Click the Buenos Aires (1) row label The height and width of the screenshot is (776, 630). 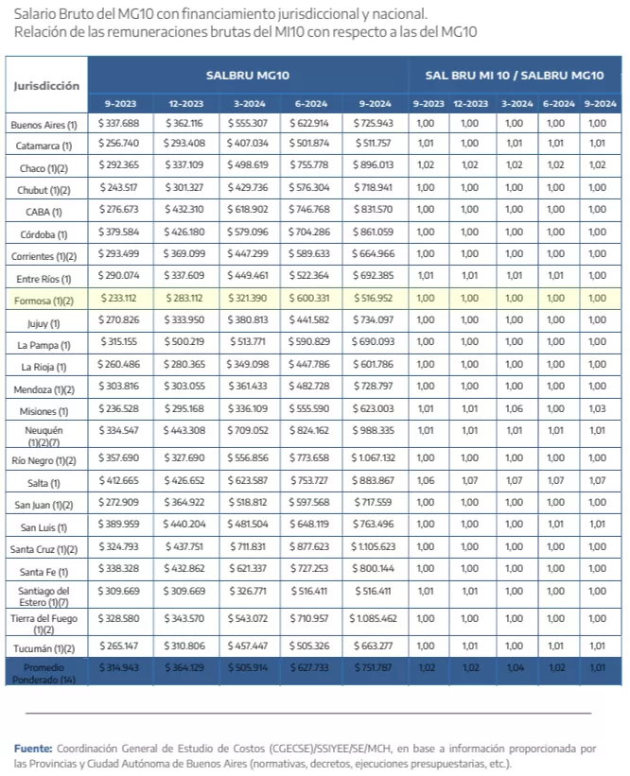point(44,124)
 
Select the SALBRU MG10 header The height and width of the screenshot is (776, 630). point(248,75)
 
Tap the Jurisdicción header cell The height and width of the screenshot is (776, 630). point(46,85)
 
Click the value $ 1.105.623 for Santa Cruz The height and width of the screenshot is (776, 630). point(372,546)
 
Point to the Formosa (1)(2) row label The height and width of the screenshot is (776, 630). point(44,300)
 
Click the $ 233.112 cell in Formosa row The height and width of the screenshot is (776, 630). point(118,299)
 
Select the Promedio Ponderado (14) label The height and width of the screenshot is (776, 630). point(44,672)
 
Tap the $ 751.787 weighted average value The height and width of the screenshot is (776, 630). point(372,667)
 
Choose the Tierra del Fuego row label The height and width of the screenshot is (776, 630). point(44,623)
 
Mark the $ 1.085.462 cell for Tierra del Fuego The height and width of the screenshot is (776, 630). point(372,618)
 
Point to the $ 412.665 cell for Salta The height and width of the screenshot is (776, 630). point(118,480)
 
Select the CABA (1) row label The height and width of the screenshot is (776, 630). point(44,212)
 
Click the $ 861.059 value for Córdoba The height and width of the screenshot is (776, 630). point(372,233)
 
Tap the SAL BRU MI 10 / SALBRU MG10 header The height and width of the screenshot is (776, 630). point(514,75)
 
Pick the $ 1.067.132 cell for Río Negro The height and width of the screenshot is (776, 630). point(372,458)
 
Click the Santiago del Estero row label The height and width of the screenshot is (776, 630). point(44,596)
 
